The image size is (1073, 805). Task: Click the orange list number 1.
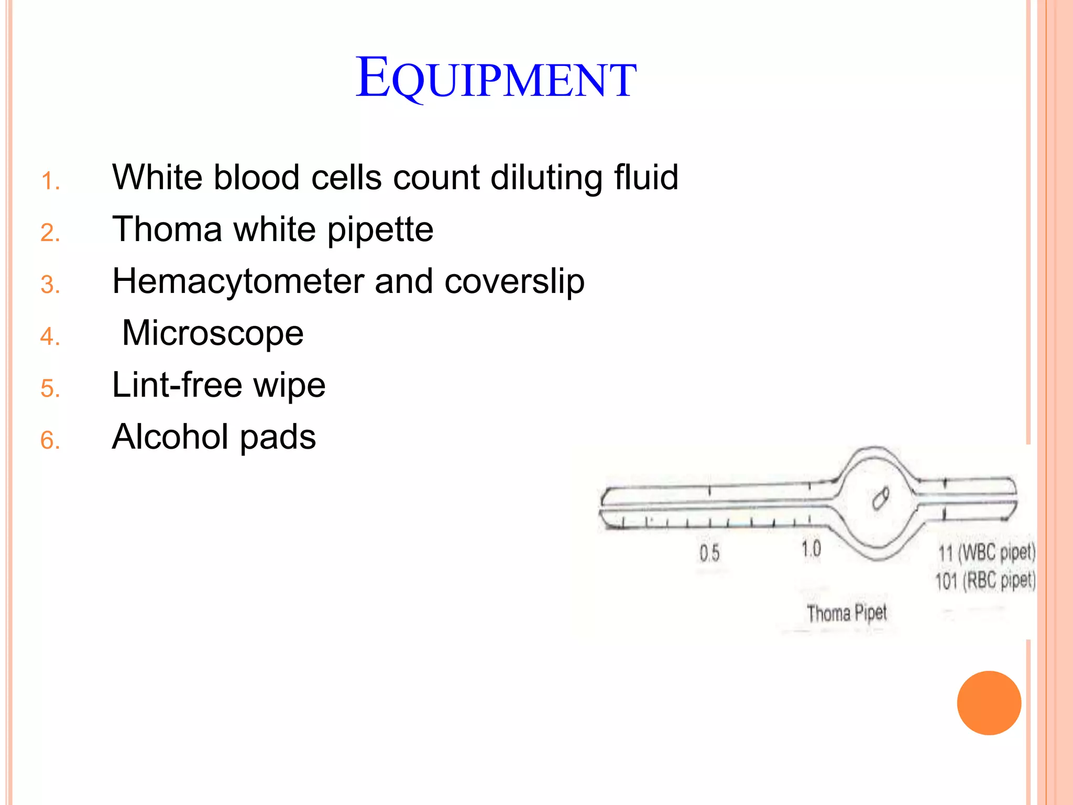tap(50, 181)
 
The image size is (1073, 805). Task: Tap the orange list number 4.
tap(50, 336)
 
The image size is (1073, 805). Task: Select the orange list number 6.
tap(50, 440)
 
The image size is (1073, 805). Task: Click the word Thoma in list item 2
tap(167, 229)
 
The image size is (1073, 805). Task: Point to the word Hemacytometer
tap(238, 281)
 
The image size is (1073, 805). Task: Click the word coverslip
tap(514, 282)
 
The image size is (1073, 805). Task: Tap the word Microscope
tap(213, 333)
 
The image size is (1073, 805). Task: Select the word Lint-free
tap(177, 385)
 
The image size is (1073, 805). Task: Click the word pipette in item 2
tap(380, 230)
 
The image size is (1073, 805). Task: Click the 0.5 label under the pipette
tap(709, 553)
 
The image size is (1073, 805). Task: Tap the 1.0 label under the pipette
tap(811, 549)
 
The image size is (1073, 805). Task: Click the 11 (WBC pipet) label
tap(987, 552)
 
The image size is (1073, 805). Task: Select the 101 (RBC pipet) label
tap(986, 581)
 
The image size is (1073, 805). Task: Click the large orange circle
tap(989, 703)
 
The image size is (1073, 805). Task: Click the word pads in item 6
tap(278, 437)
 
